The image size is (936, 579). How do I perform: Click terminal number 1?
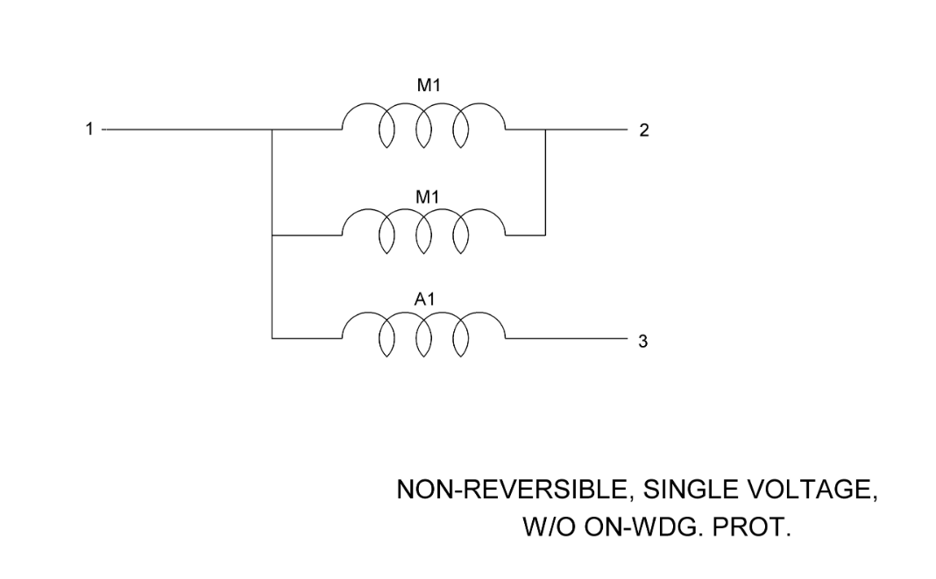(x=88, y=130)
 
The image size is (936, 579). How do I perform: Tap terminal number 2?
(x=644, y=131)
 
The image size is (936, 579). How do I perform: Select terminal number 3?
(x=643, y=342)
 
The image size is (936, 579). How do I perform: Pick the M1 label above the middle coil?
(x=426, y=197)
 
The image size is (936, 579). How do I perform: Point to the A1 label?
(x=425, y=300)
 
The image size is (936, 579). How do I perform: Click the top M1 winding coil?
(x=424, y=127)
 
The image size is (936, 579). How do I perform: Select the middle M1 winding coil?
(x=424, y=233)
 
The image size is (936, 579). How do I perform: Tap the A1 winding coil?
(x=424, y=336)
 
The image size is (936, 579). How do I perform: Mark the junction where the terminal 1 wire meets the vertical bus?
(x=273, y=130)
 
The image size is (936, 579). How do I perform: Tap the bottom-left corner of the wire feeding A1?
(x=273, y=337)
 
